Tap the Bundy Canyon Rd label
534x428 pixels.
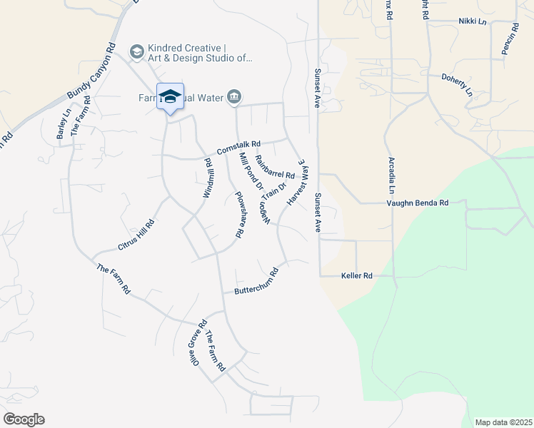[x=91, y=73]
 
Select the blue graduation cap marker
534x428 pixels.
[x=170, y=97]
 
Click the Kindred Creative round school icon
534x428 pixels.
[x=136, y=51]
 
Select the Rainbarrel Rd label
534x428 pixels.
[x=275, y=168]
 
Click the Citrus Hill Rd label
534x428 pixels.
[x=136, y=235]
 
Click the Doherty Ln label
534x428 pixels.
[x=457, y=84]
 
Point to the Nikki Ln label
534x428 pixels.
[x=472, y=21]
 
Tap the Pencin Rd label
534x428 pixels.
[x=508, y=41]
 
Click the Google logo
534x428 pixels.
[x=24, y=419]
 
